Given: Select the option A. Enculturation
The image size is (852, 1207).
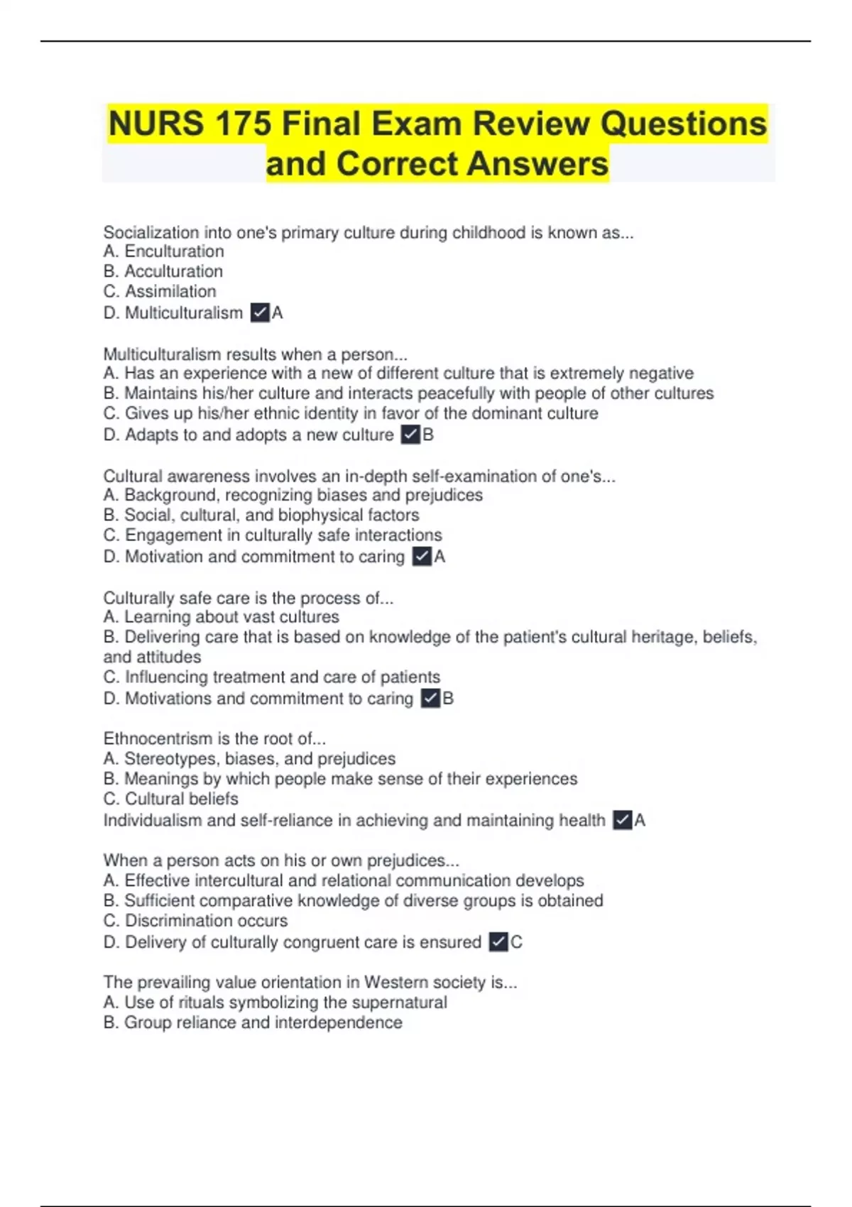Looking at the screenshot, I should (164, 251).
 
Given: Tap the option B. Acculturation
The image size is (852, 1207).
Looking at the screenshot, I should (163, 271).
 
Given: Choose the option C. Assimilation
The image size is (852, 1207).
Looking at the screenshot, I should (160, 291).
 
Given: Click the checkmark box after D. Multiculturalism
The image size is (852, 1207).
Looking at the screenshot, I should (260, 312).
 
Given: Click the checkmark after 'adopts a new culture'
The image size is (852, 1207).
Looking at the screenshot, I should (410, 435).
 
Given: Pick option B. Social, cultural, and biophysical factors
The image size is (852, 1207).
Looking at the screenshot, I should (261, 515).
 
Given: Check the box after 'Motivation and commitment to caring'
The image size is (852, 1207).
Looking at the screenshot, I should (422, 557).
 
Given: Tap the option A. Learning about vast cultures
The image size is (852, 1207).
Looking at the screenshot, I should (222, 617).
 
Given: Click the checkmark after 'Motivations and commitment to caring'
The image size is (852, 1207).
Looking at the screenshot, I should (430, 699).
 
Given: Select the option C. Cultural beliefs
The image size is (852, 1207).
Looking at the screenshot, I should (171, 799).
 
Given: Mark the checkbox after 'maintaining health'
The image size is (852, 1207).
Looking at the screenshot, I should (622, 821).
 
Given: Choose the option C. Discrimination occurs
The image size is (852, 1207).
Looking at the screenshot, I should (196, 921).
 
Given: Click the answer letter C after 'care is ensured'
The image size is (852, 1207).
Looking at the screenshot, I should (516, 942).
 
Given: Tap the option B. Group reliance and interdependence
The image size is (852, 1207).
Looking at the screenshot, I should (253, 1022).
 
